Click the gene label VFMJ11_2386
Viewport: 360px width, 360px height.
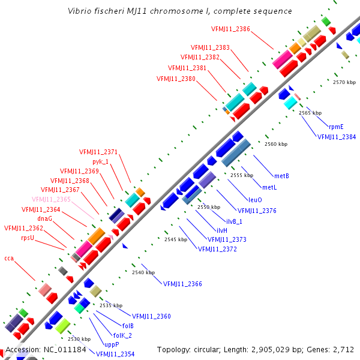pos(231,29)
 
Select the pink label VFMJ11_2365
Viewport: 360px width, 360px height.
pos(52,199)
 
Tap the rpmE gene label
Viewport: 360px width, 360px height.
pos(336,127)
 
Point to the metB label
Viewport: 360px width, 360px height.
pos(281,176)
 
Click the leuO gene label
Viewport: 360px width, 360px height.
pos(255,199)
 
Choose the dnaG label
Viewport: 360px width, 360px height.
pos(45,219)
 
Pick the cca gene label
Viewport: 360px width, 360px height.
pos(9,258)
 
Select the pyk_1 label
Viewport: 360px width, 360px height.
pos(101,161)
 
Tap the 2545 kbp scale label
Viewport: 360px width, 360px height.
pos(176,239)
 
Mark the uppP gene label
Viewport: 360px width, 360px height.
pos(112,344)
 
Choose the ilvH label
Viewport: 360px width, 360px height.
pos(221,230)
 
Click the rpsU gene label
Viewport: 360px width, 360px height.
pos(28,238)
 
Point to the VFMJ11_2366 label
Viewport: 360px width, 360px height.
pos(182,284)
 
